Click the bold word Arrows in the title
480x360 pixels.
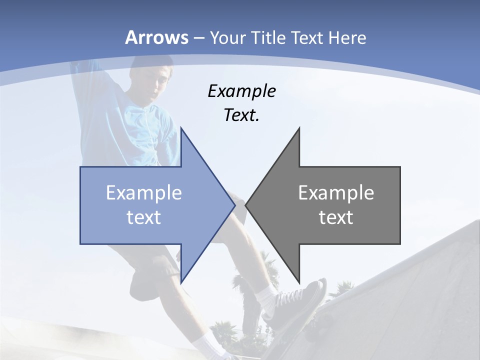tap(157, 37)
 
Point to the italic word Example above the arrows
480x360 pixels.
tap(241, 91)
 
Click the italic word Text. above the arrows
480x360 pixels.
tap(241, 115)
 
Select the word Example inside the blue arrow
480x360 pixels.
tap(144, 192)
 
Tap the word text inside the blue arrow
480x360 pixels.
tap(144, 217)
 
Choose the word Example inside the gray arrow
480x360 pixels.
tap(336, 192)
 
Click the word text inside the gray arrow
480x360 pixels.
tap(336, 217)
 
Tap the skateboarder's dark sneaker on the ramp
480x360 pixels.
tap(300, 302)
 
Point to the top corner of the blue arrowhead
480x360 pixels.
tap(181, 128)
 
